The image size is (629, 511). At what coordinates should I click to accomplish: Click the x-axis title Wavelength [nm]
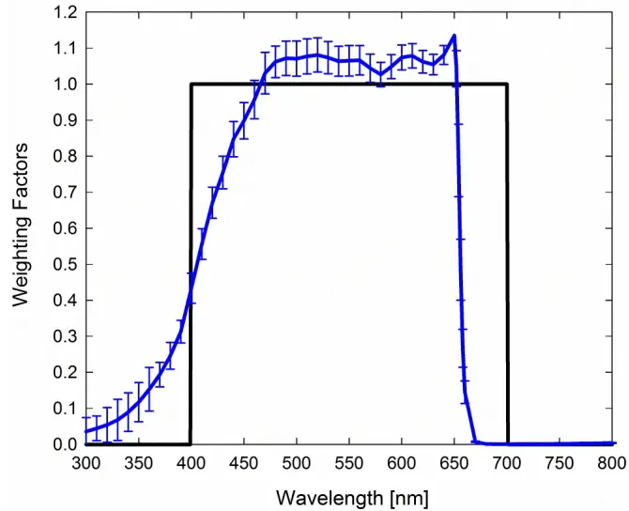[x=352, y=495]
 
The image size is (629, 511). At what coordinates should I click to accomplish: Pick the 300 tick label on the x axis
[x=85, y=462]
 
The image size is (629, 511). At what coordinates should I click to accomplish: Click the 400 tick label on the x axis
[x=191, y=462]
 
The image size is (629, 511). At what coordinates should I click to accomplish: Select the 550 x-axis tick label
[x=349, y=462]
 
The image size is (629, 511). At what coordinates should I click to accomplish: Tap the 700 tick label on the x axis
[x=507, y=462]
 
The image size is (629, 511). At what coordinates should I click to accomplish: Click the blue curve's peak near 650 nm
[x=454, y=37]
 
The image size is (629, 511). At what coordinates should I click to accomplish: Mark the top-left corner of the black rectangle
[x=191, y=85]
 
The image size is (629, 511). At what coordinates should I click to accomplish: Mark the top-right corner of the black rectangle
[x=508, y=85]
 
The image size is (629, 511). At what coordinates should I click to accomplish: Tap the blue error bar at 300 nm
[x=85, y=429]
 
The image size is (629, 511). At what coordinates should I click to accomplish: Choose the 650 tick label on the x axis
[x=454, y=462]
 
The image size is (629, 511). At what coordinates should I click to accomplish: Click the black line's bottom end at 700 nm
[x=508, y=443]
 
